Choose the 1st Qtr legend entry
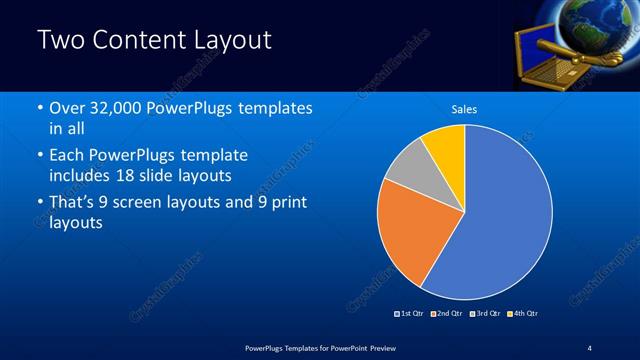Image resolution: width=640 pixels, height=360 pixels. (409, 313)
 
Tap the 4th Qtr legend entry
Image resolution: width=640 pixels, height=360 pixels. (523, 313)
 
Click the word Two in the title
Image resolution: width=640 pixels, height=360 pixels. (59, 41)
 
